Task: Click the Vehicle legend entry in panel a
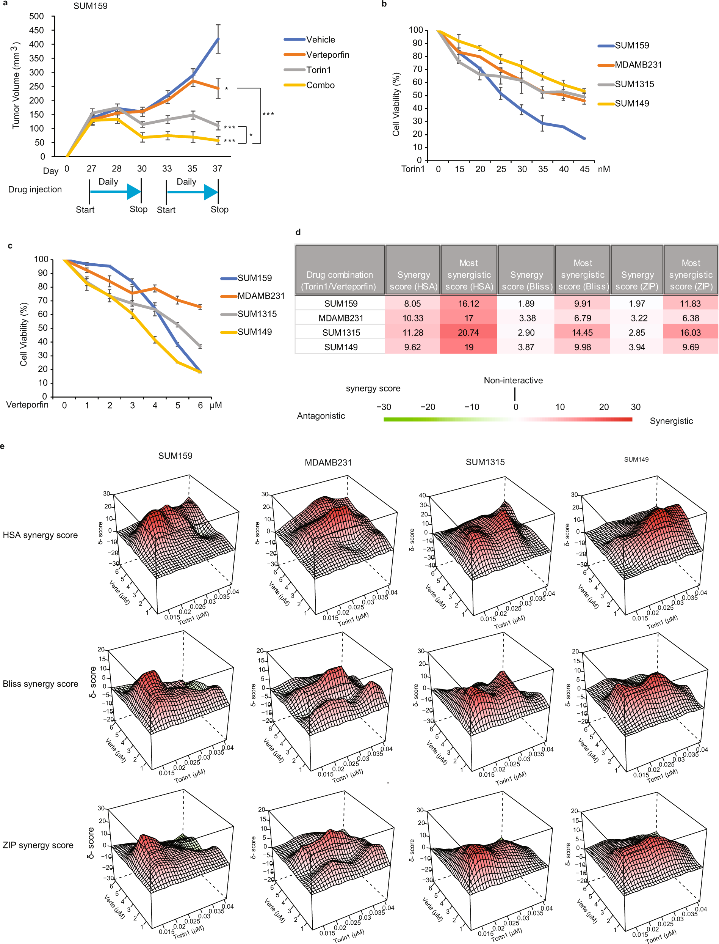320,40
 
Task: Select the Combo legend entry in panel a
320,85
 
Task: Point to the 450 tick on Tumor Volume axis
36,30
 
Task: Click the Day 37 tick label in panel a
218,169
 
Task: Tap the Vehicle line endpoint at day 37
218,39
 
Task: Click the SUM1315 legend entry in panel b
634,84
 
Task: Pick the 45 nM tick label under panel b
584,169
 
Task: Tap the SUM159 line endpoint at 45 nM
584,139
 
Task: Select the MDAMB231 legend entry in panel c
261,296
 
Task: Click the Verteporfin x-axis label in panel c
27,405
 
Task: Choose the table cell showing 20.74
468,333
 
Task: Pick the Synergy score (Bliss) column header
526,280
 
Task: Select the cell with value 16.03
690,333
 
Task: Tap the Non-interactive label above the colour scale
513,380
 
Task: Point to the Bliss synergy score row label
40,684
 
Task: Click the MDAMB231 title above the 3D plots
328,463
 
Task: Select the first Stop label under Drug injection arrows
139,209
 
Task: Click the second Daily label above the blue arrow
186,182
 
